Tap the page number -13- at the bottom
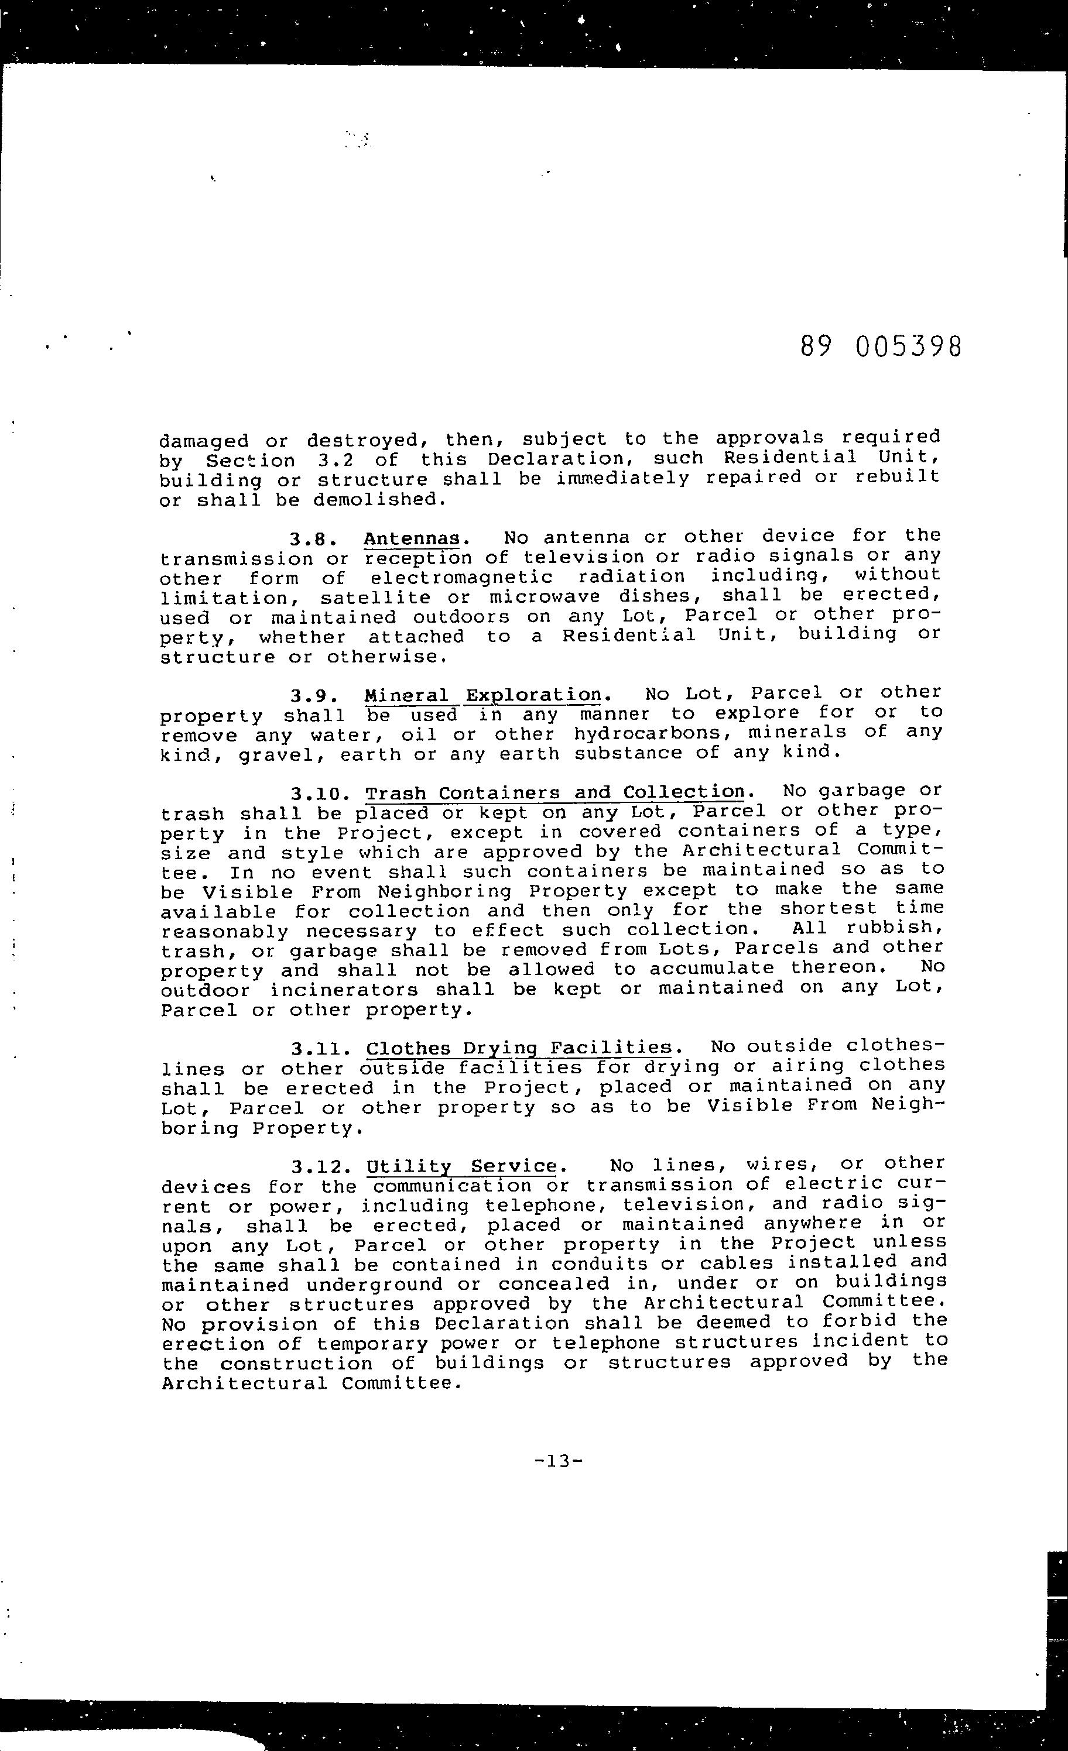tap(558, 1462)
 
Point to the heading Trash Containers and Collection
tap(554, 792)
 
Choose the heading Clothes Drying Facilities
tap(519, 1048)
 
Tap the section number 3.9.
tap(313, 696)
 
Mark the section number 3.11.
tap(319, 1049)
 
